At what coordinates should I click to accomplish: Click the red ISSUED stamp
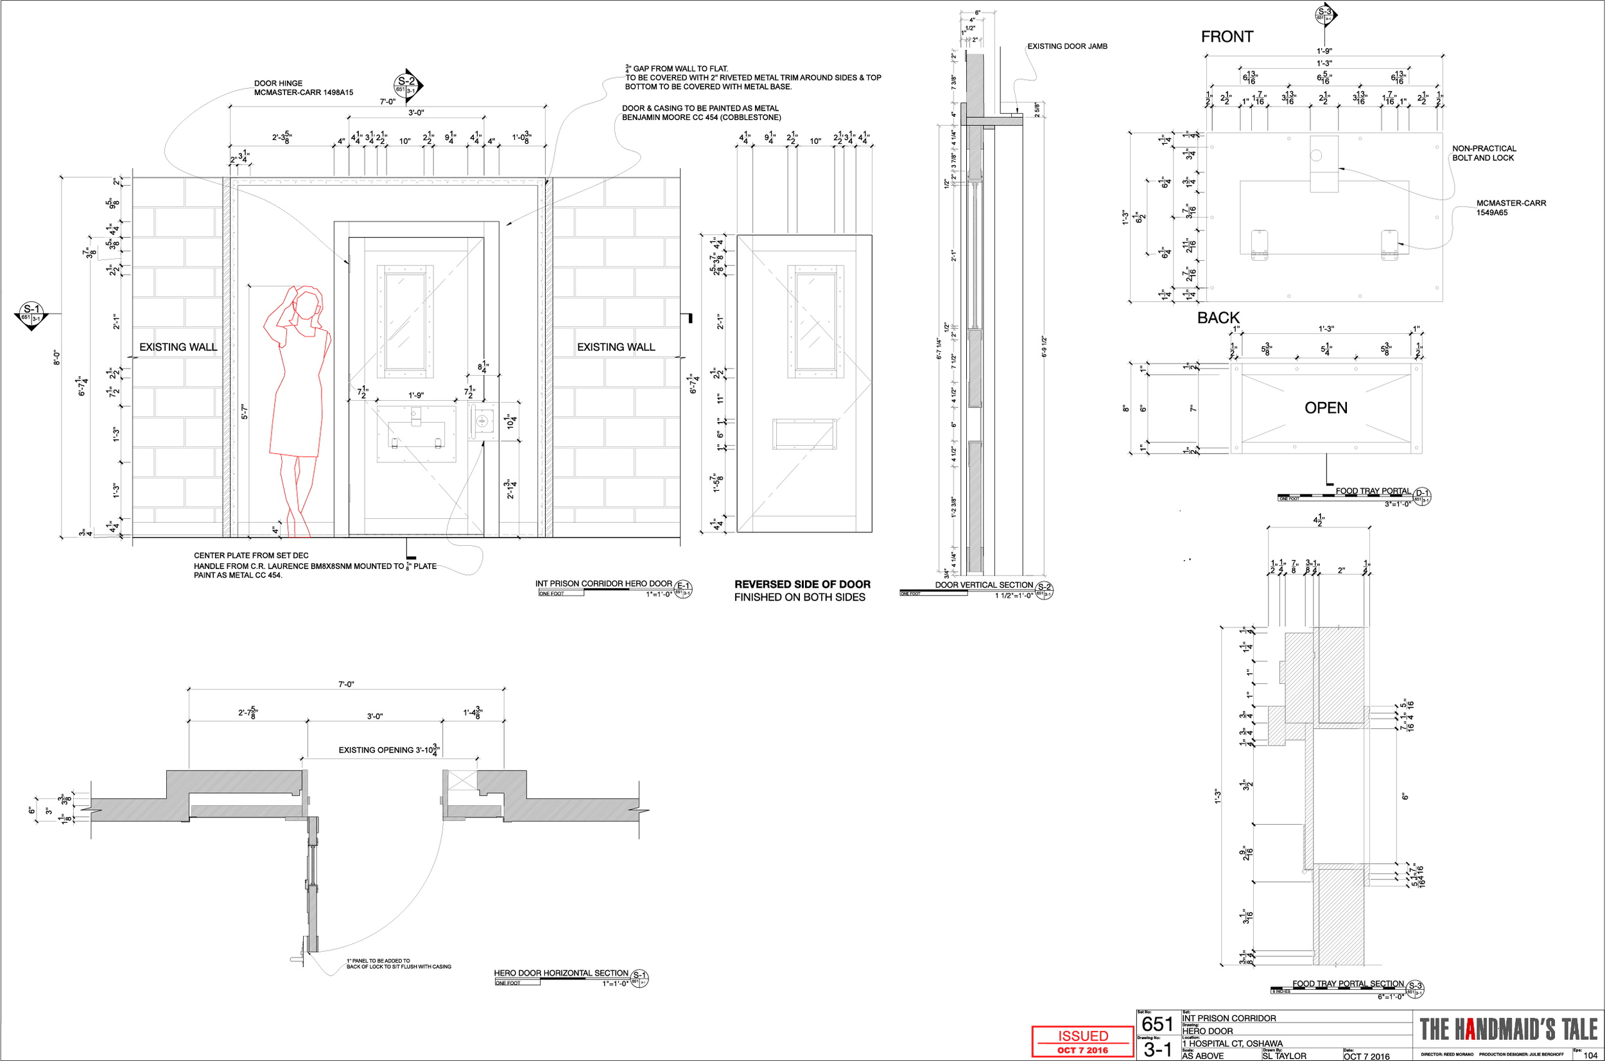[1082, 1041]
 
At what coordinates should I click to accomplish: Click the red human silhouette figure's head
[308, 303]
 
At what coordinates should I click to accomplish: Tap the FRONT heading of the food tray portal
[1226, 37]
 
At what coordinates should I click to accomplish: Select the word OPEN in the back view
[1325, 407]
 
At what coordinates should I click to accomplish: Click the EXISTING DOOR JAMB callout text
[1066, 46]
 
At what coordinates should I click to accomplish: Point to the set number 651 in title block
[1157, 1024]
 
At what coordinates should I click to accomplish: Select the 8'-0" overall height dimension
[56, 357]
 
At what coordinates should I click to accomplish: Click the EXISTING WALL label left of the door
[178, 347]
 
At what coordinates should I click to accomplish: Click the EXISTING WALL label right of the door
[616, 347]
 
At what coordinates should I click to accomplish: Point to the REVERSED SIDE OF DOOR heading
[802, 584]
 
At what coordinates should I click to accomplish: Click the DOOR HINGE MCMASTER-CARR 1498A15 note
[303, 88]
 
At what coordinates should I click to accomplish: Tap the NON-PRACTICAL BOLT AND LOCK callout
[1483, 153]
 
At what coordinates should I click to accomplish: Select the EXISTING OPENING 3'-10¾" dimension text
[389, 750]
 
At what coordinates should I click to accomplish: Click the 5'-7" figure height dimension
[245, 412]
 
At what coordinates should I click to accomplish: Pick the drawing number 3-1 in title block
[1157, 1049]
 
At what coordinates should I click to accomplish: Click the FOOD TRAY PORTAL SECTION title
[1348, 984]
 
